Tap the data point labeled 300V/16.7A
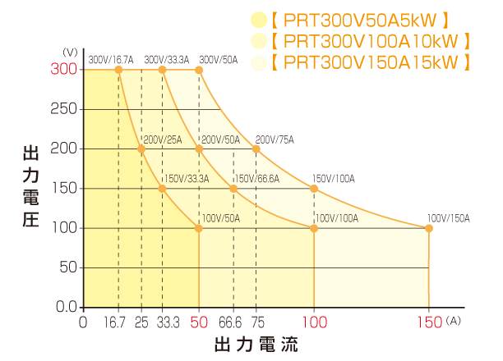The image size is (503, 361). [118, 71]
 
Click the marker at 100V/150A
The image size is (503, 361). [428, 228]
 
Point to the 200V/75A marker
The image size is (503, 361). [256, 149]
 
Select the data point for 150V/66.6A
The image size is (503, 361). [233, 189]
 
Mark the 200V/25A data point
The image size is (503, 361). [141, 149]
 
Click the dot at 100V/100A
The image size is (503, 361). [314, 228]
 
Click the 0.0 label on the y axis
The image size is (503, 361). [64, 307]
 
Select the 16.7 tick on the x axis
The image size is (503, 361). [118, 322]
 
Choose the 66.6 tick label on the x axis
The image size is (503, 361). [233, 322]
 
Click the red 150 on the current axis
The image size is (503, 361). [428, 322]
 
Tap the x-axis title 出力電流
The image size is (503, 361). [256, 344]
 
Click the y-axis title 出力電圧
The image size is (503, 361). [30, 189]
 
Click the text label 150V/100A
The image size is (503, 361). [333, 179]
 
